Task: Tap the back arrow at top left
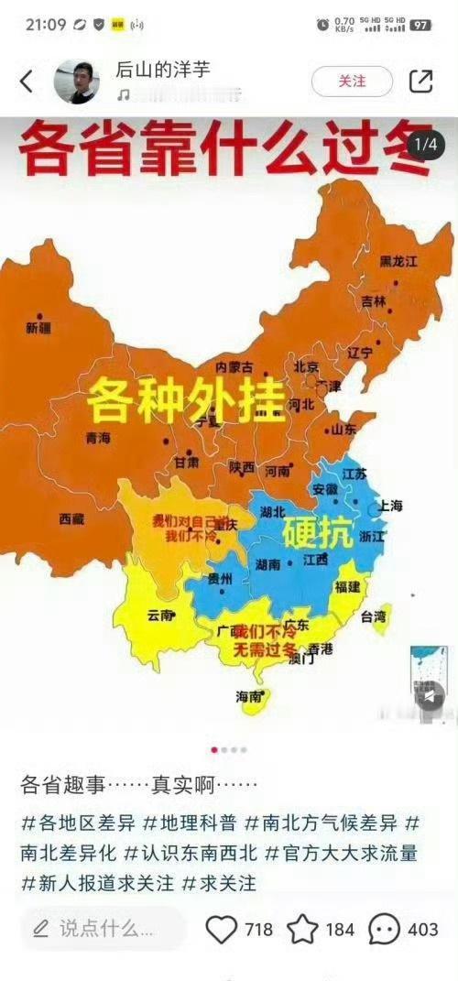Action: (26, 82)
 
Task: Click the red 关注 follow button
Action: (352, 82)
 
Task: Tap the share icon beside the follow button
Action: (420, 82)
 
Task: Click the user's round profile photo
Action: (76, 82)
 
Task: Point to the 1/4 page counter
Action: (427, 145)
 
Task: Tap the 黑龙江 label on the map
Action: (398, 261)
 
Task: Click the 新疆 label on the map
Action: (39, 327)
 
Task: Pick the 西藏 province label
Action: (71, 519)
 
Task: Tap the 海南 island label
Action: (249, 696)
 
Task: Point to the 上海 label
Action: (389, 506)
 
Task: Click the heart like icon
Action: (221, 930)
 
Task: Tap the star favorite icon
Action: (302, 930)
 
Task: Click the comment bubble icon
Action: (385, 930)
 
